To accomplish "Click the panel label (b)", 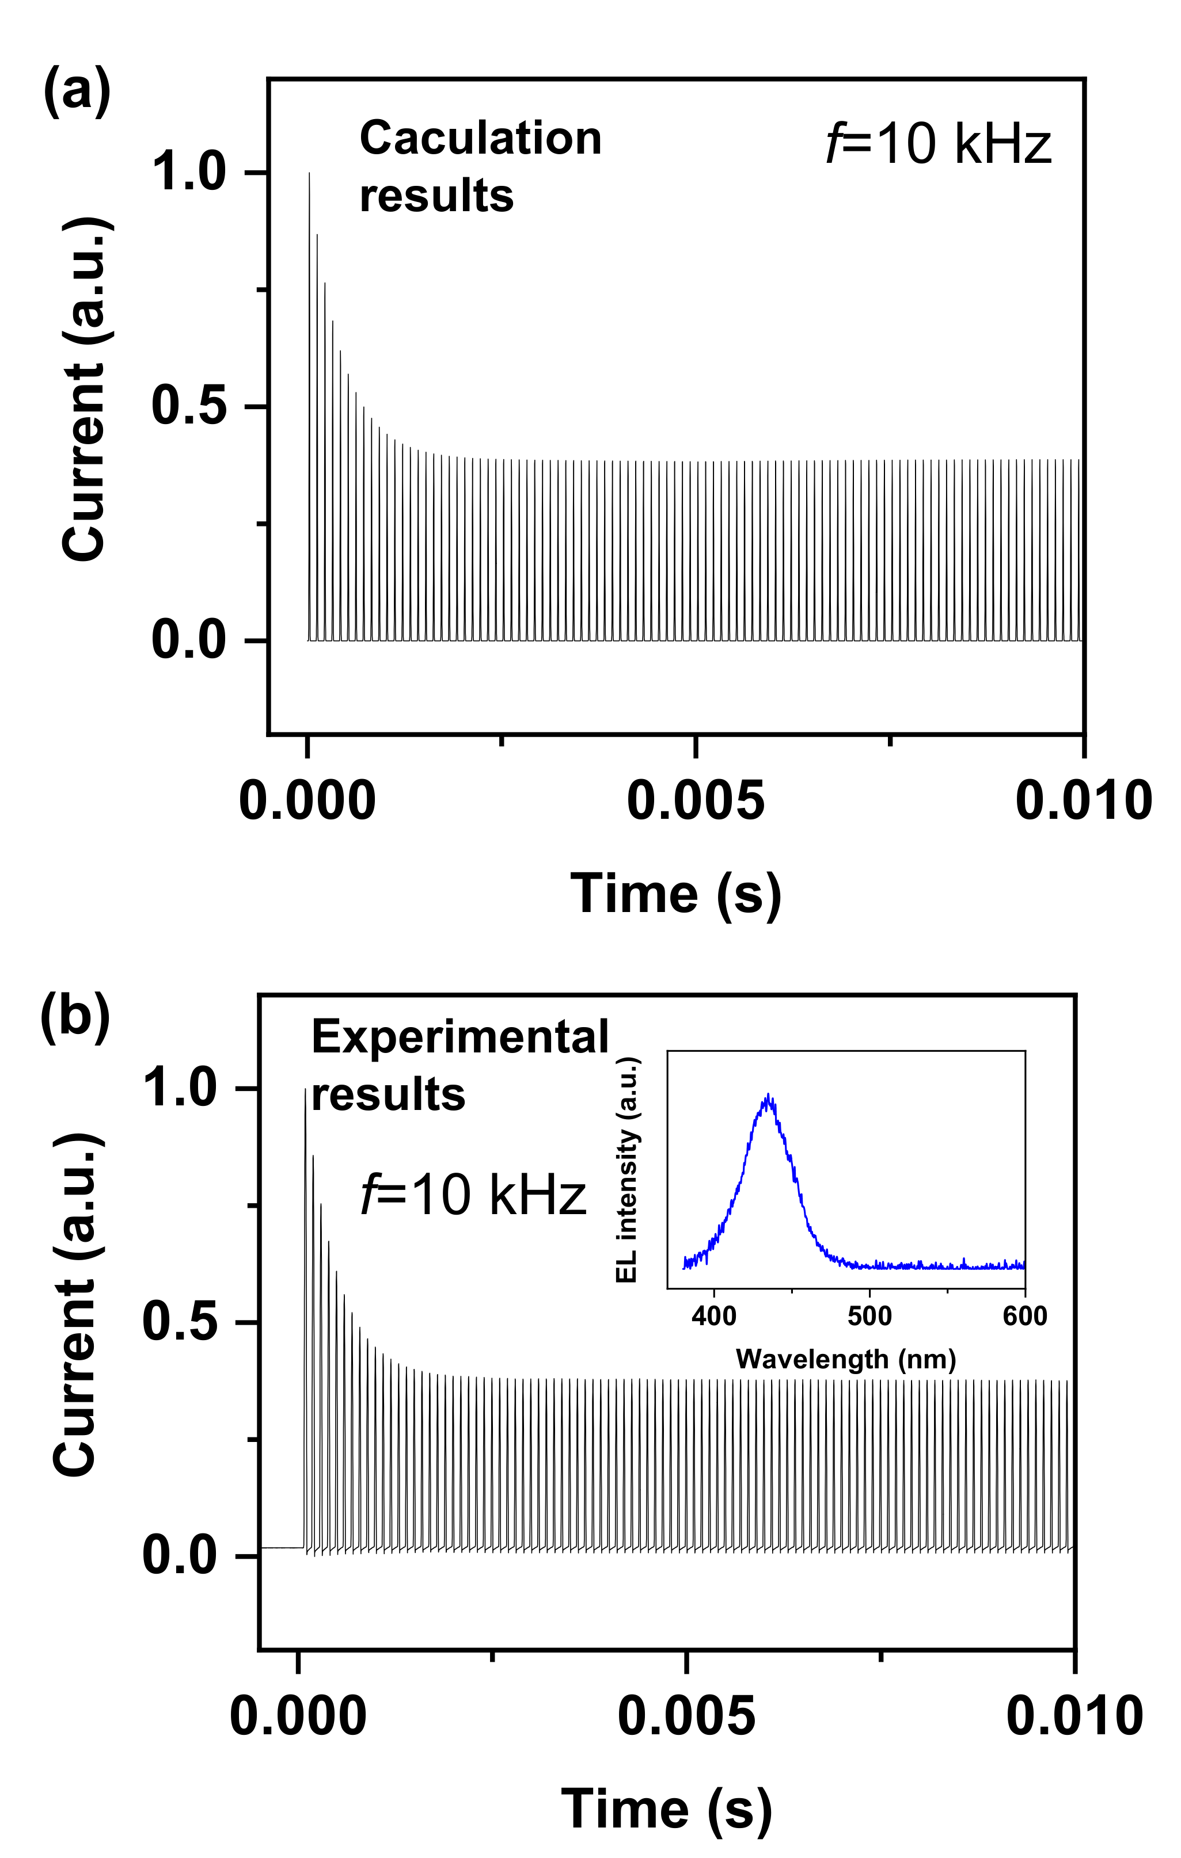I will coord(75,1016).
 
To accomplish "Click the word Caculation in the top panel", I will coord(480,139).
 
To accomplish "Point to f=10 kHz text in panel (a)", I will coord(939,144).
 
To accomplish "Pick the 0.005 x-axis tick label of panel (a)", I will coord(696,801).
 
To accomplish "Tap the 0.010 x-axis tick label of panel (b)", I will coord(1074,1718).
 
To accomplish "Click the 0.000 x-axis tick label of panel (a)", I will coord(307,801).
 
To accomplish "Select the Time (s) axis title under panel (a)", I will coord(675,894).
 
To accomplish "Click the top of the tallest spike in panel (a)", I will coord(310,174).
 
